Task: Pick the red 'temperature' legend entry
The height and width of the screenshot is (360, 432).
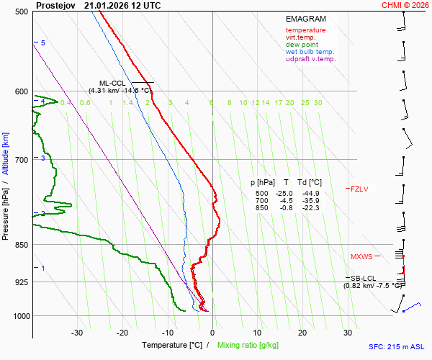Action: [x=305, y=30]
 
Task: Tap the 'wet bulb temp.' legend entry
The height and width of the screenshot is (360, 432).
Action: [x=310, y=52]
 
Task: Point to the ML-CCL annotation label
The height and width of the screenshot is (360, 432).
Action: [x=113, y=84]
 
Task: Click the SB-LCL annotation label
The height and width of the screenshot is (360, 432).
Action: [x=363, y=278]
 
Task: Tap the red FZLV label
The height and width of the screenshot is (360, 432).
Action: [x=359, y=189]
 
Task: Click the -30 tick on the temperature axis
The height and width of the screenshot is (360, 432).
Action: [x=77, y=333]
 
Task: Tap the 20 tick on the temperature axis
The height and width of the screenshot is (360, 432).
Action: [x=302, y=333]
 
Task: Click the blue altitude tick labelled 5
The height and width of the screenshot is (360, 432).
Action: [x=43, y=43]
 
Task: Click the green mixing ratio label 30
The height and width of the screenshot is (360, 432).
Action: [x=318, y=103]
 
